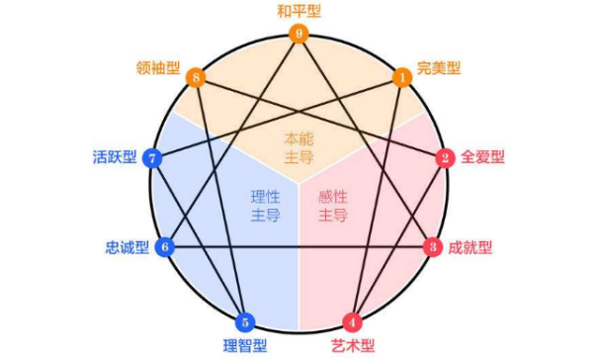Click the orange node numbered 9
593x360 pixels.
pos(299,34)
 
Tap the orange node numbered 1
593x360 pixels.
pos(402,77)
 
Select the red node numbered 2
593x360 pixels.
pos(446,157)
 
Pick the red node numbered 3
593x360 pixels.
pos(432,246)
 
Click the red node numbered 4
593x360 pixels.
pos(351,321)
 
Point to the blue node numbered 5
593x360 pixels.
pos(247,321)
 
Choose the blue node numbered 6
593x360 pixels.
pos(165,246)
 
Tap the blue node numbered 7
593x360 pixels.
pos(152,157)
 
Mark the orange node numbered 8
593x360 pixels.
pos(197,77)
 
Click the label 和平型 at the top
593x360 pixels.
pos(299,12)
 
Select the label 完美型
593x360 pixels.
pos(440,69)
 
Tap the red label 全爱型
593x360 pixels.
pos(484,157)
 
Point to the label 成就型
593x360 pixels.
pos(470,247)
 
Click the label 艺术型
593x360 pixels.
pos(352,346)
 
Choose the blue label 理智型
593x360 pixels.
pos(246,346)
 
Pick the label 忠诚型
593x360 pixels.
pos(126,247)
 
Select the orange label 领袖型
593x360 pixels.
pos(158,69)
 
